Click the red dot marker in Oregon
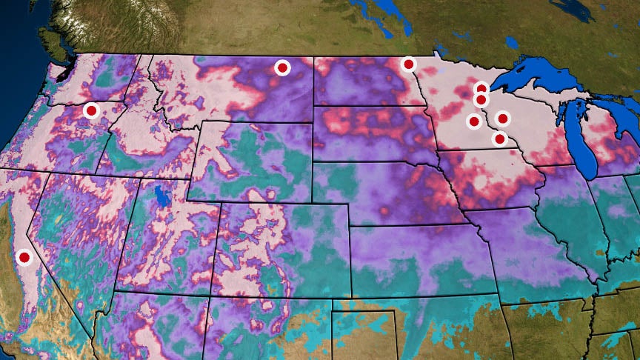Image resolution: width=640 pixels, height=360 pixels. (x=91, y=110)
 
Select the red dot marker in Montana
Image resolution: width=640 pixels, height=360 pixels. (x=282, y=67)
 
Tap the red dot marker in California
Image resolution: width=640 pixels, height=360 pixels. (x=24, y=257)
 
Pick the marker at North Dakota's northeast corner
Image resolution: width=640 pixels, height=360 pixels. (x=408, y=64)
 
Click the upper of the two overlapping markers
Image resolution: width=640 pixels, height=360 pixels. (x=481, y=89)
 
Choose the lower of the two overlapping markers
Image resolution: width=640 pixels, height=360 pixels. (x=481, y=99)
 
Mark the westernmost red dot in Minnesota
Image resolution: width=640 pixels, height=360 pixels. (x=473, y=121)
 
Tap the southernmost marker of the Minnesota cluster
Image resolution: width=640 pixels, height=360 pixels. (x=499, y=139)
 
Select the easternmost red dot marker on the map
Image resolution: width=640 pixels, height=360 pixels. (x=503, y=118)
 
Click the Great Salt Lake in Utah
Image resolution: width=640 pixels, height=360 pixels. (x=161, y=196)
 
